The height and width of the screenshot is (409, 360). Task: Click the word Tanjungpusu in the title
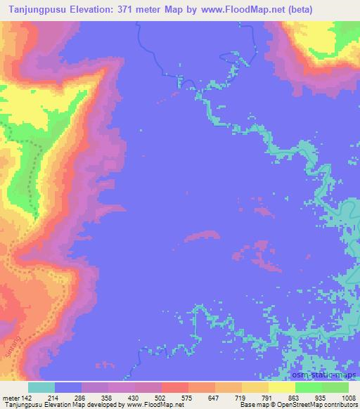point(36,8)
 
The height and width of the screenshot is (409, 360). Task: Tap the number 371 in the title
point(131,8)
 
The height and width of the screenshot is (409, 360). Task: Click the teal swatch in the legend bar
point(41,387)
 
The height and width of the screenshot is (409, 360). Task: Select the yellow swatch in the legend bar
point(282,387)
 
